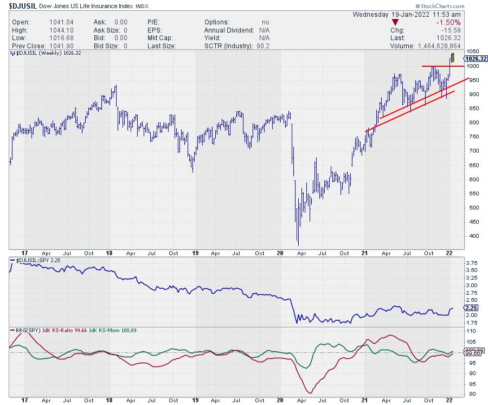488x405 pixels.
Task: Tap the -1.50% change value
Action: coord(449,22)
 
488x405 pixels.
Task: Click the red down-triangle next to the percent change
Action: coord(394,22)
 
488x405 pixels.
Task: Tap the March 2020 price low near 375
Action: coord(298,244)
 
